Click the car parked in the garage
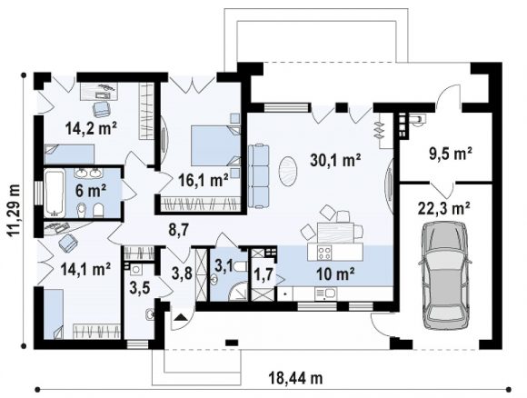[444, 276]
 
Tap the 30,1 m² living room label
[335, 160]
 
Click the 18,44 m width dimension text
[296, 379]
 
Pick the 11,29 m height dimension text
[15, 211]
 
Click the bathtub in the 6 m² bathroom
[55, 194]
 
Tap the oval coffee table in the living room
[288, 171]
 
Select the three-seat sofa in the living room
[259, 175]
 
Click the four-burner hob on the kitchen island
[324, 253]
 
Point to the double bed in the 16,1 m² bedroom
[216, 145]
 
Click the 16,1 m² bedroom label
[204, 181]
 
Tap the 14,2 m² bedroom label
[91, 128]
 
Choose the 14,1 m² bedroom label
[85, 270]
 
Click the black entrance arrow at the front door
[181, 317]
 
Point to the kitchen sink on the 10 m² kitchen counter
[324, 294]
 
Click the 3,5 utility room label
[139, 288]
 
